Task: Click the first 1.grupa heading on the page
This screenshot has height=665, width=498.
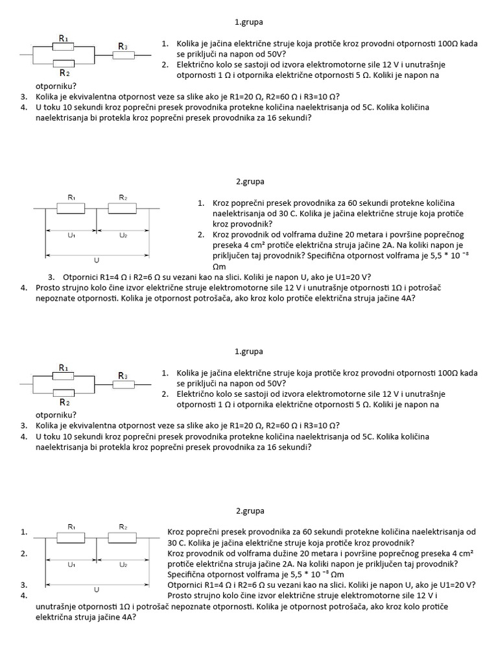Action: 249,21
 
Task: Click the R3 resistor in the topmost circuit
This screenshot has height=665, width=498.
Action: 123,56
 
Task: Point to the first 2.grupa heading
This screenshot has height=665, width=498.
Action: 250,181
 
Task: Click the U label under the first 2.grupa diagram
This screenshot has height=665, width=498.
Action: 97,260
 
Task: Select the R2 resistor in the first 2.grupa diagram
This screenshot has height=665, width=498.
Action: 123,208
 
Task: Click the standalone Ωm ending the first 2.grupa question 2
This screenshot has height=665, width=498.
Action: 219,266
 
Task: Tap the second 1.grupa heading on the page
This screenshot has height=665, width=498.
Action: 249,351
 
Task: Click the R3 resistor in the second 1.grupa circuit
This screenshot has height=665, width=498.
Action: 123,385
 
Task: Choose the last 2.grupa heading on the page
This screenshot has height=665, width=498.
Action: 250,510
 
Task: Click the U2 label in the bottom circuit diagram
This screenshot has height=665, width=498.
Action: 123,565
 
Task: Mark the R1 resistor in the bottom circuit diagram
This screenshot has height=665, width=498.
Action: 71,538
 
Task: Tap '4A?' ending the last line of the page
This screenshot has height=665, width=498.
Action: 126,617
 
